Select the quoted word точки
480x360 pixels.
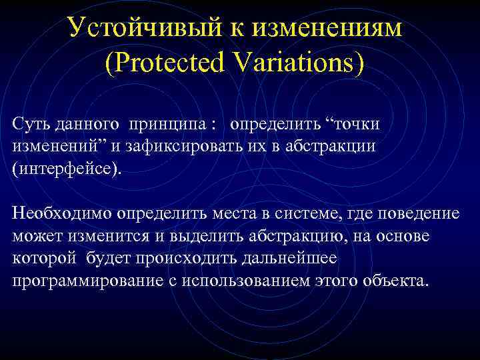coord(351,125)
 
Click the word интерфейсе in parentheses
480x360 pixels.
coord(67,167)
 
